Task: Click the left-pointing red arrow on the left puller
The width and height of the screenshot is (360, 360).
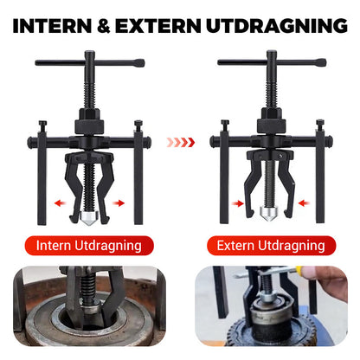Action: click(x=59, y=203)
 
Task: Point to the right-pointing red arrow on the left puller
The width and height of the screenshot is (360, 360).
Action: click(x=119, y=203)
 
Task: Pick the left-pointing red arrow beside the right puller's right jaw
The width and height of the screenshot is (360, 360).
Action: click(x=299, y=203)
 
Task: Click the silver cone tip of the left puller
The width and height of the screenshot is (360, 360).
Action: click(x=89, y=212)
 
